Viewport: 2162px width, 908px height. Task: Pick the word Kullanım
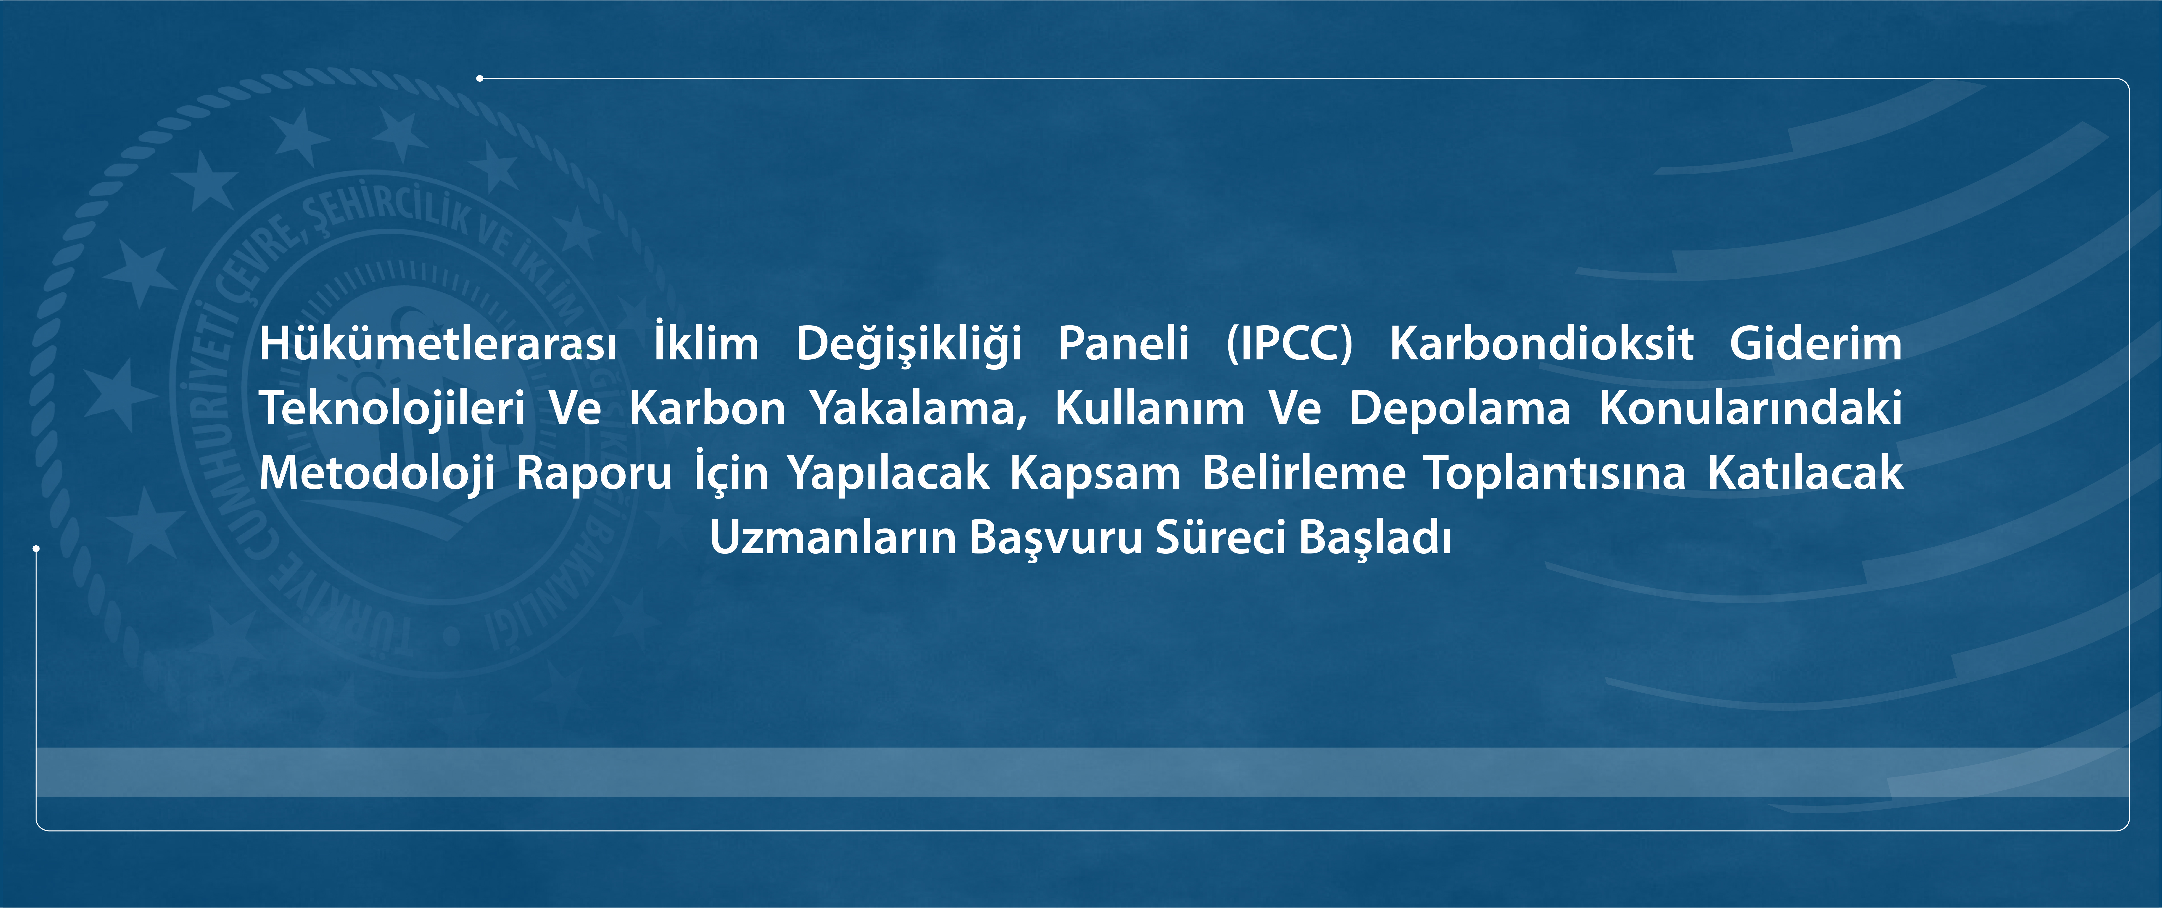coord(1150,409)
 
